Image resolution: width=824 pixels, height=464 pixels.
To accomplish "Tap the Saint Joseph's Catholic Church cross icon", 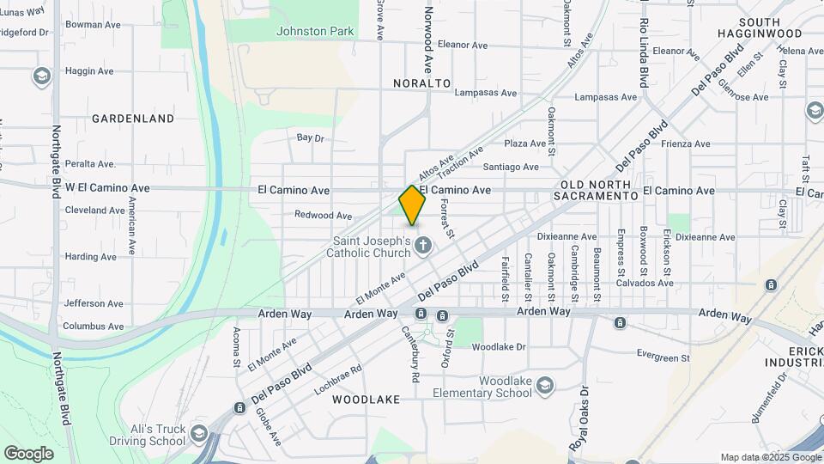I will pyautogui.click(x=422, y=247).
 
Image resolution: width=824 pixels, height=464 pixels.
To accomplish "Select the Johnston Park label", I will pyautogui.click(x=315, y=32).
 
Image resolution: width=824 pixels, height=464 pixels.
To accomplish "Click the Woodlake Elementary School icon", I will pyautogui.click(x=544, y=387).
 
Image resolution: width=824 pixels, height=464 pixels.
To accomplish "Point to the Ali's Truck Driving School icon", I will pyautogui.click(x=200, y=431).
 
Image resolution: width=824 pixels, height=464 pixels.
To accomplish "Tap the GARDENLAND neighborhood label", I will pyautogui.click(x=133, y=119).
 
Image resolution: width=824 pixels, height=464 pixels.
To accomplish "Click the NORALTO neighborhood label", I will pyautogui.click(x=422, y=83).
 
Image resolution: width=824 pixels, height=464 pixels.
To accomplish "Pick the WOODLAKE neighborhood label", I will pyautogui.click(x=367, y=400).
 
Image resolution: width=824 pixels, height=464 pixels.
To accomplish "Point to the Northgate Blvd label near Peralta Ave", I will pyautogui.click(x=57, y=159).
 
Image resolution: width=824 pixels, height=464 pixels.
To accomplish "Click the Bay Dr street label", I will pyautogui.click(x=310, y=137).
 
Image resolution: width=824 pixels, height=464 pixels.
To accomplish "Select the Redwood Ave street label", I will pyautogui.click(x=324, y=216).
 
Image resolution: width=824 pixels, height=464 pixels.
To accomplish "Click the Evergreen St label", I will pyautogui.click(x=663, y=353).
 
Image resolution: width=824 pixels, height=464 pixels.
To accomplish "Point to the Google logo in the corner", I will pyautogui.click(x=28, y=453).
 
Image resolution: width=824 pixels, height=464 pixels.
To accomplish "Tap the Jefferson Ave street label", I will pyautogui.click(x=94, y=303).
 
